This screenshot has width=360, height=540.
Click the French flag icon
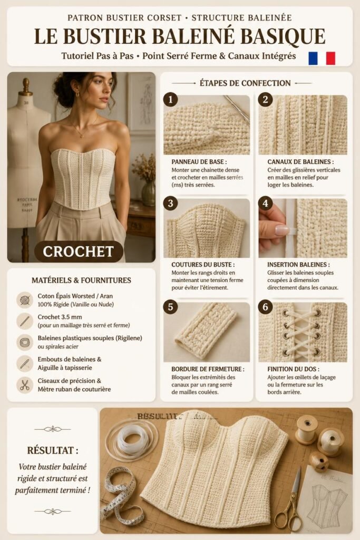point(322,58)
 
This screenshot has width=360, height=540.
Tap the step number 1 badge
point(170,100)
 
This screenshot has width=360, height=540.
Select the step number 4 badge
point(265,203)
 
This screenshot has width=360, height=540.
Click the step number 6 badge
point(265,307)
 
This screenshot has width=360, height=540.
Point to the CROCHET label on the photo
point(79,252)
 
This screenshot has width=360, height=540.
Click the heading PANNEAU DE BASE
point(199,161)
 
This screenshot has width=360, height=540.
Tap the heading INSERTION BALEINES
point(298,265)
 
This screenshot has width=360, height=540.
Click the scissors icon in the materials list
point(24,385)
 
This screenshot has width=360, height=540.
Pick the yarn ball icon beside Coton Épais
point(24,300)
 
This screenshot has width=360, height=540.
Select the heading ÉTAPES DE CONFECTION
point(245,83)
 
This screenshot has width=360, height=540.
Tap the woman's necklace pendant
point(82,136)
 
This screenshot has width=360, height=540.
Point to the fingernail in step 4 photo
point(282,230)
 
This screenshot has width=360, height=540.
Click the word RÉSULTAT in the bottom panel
point(53,450)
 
